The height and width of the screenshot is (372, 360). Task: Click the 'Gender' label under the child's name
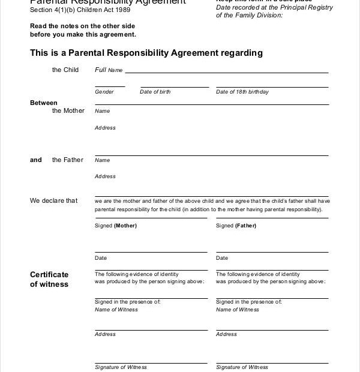click(104, 92)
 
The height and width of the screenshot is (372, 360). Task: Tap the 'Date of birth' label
click(155, 92)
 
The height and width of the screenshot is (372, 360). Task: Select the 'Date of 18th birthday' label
click(242, 92)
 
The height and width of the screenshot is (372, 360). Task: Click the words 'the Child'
click(65, 70)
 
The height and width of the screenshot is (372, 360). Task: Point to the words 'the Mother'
click(68, 111)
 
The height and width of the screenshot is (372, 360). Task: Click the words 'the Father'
click(67, 160)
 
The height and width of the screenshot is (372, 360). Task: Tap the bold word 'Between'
click(40, 103)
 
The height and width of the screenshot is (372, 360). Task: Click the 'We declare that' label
click(54, 201)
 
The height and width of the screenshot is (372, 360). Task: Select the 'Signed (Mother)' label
click(116, 226)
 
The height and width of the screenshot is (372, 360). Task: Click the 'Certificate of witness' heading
click(49, 279)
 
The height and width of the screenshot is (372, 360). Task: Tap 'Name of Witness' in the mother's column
click(116, 310)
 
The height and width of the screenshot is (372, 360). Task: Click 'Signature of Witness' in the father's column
click(242, 367)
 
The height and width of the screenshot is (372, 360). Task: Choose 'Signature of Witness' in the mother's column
click(121, 367)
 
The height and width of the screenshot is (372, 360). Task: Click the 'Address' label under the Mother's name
click(105, 128)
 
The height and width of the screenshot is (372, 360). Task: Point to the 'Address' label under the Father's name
click(105, 176)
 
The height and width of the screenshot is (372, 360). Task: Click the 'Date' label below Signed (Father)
click(222, 258)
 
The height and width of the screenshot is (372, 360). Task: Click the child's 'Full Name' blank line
click(226, 71)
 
